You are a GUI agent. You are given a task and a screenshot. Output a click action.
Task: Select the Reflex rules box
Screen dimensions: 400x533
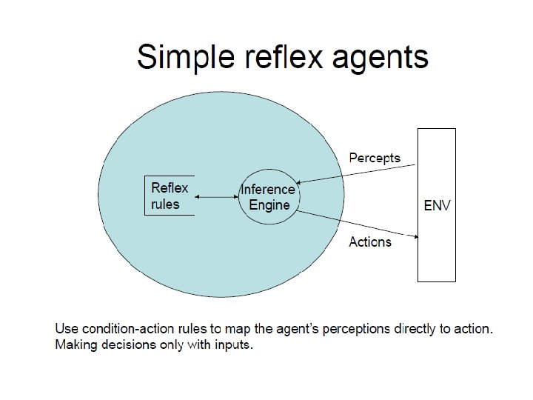[170, 196]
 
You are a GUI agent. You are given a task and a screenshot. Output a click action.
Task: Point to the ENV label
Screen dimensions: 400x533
[436, 205]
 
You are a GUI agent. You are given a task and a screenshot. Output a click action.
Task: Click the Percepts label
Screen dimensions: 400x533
[375, 157]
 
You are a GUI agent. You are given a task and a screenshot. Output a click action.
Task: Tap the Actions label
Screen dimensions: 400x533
[370, 241]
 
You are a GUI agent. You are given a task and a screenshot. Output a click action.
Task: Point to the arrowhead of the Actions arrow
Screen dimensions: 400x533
[416, 237]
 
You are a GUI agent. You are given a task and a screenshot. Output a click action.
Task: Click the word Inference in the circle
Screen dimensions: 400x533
[268, 190]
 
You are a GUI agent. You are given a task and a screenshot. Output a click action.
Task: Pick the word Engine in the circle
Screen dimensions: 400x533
[269, 204]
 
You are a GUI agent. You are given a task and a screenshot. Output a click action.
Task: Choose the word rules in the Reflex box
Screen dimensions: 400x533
[165, 204]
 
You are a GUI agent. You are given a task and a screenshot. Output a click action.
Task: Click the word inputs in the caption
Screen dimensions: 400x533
[235, 345]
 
